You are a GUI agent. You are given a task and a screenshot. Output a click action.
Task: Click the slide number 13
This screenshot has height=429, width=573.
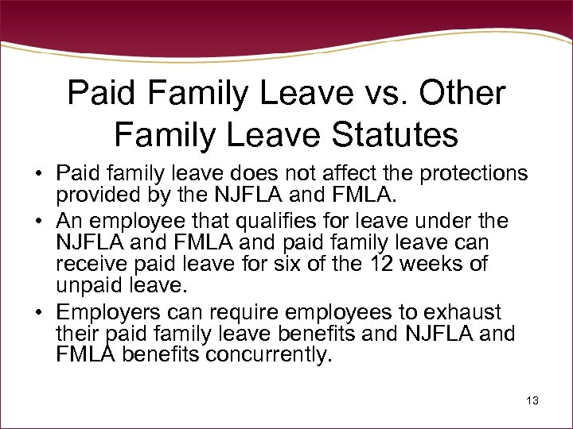point(532,401)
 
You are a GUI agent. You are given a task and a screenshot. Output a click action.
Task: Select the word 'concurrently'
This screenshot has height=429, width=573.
point(267,355)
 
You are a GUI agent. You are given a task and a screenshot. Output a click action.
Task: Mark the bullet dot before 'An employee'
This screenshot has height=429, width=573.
point(38,220)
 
